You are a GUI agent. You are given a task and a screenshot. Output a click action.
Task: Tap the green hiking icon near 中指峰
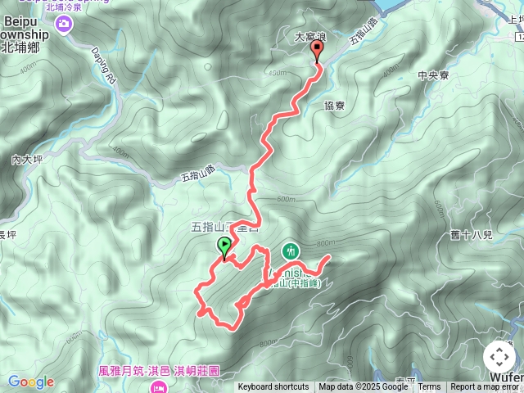[289, 250]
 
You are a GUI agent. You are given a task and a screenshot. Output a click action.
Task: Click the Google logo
[30, 382]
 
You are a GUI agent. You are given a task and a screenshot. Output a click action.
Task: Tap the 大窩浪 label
[311, 38]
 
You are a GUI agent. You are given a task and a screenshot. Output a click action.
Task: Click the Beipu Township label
[25, 38]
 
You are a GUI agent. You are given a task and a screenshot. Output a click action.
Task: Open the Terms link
[430, 387]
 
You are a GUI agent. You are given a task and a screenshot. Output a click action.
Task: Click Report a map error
[486, 387]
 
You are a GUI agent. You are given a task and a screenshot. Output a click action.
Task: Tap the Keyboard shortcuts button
[273, 387]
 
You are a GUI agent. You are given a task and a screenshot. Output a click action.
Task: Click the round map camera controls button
[499, 357]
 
